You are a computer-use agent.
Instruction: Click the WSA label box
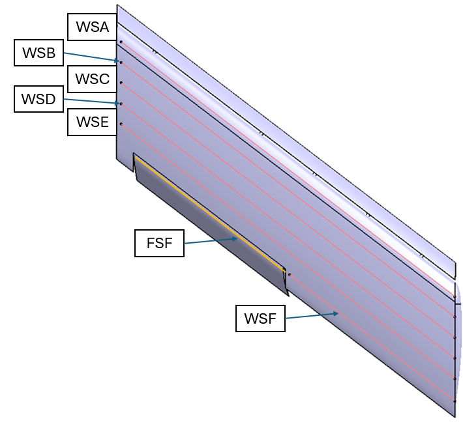click(x=92, y=27)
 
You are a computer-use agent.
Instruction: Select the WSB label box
click(x=38, y=53)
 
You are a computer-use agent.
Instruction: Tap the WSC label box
click(x=92, y=79)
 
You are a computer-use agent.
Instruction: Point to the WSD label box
click(x=38, y=100)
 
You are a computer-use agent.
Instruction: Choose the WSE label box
click(x=92, y=122)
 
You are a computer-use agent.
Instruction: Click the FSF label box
click(x=160, y=243)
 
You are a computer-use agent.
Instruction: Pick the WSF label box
click(x=260, y=318)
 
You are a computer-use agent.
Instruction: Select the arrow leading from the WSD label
click(x=91, y=102)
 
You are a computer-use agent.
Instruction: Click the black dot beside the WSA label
click(x=121, y=42)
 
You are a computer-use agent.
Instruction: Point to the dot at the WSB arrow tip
click(x=121, y=63)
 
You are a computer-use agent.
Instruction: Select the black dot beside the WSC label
click(x=121, y=83)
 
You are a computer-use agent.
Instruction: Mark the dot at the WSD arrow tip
click(x=121, y=104)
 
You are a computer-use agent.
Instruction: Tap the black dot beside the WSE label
click(x=121, y=124)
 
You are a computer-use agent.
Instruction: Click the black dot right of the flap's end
click(x=290, y=275)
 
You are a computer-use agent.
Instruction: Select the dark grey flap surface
click(x=215, y=234)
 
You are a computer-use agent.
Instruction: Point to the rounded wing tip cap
click(x=458, y=345)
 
